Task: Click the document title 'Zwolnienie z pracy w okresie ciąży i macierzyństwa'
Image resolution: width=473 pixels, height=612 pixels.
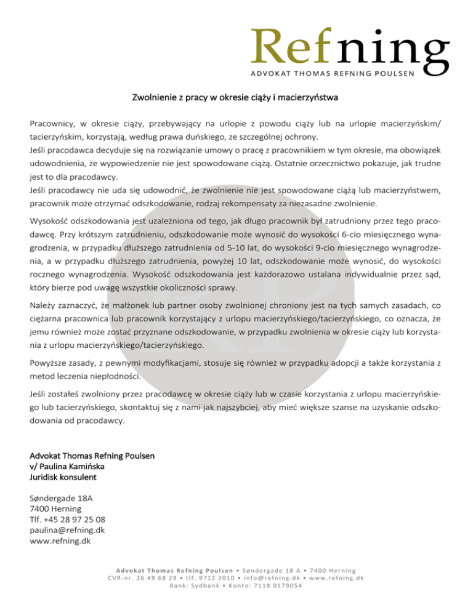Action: pos(236,98)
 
